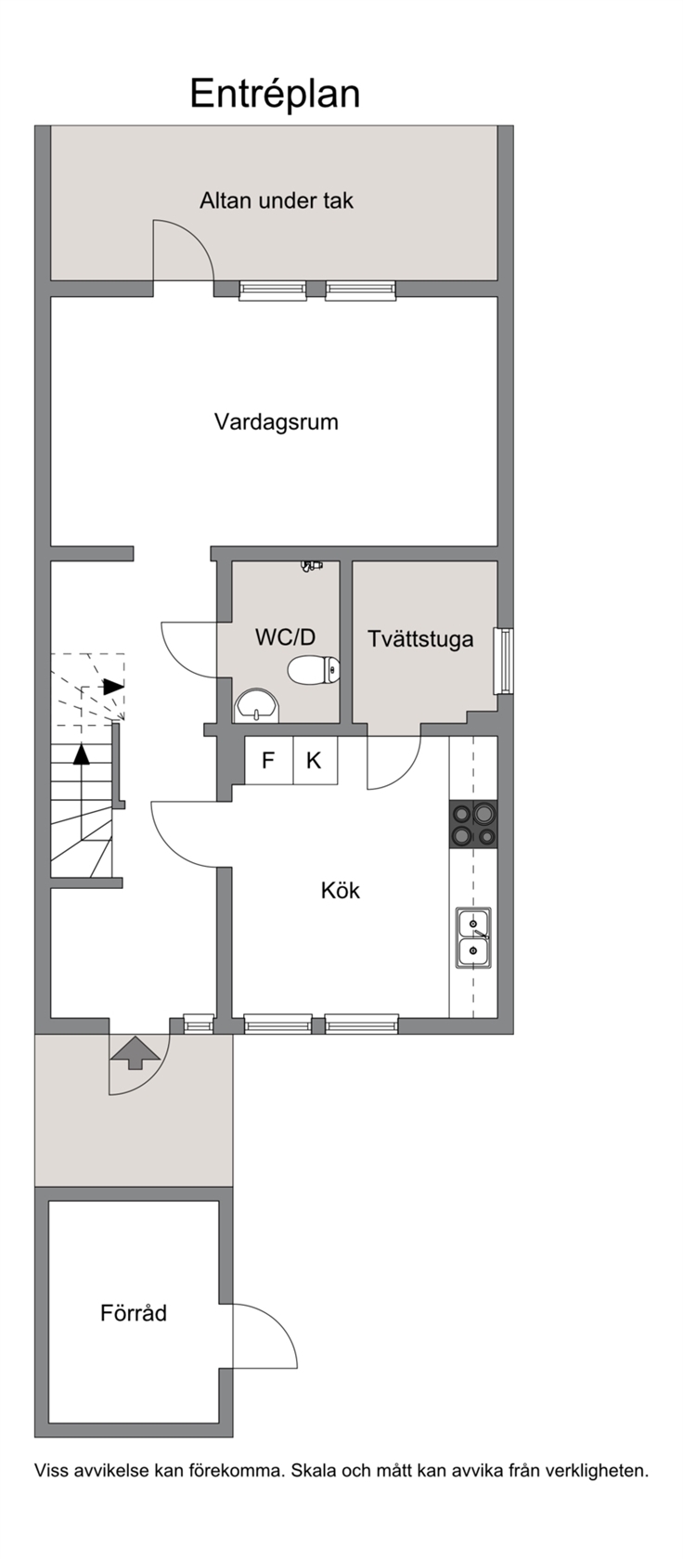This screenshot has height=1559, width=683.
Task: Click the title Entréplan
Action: (275, 94)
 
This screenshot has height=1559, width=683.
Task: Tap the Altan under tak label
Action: (277, 200)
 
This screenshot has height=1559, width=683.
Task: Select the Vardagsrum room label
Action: (277, 421)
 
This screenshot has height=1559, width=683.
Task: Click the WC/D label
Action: (285, 637)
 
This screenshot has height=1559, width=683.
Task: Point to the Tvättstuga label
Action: (420, 638)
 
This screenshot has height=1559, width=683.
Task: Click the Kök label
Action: (341, 890)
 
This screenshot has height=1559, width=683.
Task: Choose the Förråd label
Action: (134, 1312)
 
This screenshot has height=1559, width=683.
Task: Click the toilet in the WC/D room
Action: (314, 670)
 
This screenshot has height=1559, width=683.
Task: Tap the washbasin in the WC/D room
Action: (257, 705)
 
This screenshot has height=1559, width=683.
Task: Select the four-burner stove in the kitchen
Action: (473, 824)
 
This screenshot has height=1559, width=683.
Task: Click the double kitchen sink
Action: (473, 937)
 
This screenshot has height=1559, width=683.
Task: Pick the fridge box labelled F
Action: (268, 760)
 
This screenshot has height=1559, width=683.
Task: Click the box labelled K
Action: (315, 760)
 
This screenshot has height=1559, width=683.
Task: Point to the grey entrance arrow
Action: (135, 1053)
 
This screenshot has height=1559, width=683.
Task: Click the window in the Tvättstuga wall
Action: (503, 661)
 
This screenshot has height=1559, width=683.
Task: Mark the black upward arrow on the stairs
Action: (82, 754)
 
